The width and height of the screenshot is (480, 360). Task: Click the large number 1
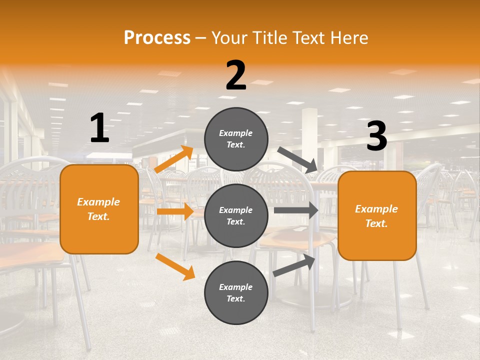[99, 128]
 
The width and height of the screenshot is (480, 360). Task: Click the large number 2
[236, 75]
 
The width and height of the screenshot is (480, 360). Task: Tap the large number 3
[376, 136]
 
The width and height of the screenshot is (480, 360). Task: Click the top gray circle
[236, 139]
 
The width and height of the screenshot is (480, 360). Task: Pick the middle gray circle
[236, 215]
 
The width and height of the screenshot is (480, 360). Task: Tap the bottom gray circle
[236, 292]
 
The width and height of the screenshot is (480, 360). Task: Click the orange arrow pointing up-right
[174, 159]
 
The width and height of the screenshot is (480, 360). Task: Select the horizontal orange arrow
[175, 211]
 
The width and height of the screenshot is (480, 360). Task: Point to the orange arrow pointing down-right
[175, 266]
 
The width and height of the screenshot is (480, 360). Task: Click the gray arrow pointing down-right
[297, 159]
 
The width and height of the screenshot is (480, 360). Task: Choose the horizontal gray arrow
[296, 210]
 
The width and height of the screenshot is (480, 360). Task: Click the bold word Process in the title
[157, 38]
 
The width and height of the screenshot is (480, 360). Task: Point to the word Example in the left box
[98, 202]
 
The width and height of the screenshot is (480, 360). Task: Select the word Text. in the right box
[376, 223]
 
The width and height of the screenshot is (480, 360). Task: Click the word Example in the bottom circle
[235, 287]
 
